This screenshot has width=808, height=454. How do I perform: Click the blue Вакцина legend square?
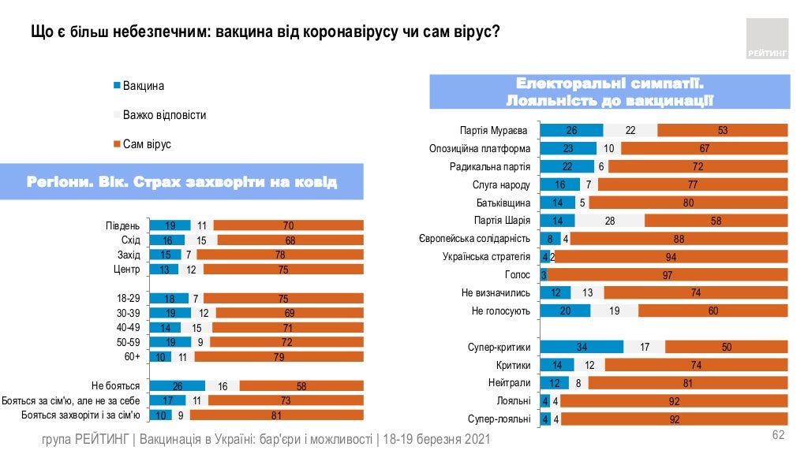click(x=118, y=86)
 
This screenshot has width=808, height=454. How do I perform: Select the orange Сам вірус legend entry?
click(x=147, y=144)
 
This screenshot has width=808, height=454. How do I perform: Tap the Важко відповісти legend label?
click(x=164, y=115)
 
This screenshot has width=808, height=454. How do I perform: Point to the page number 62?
click(x=778, y=435)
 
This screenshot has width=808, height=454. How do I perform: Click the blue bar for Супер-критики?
click(x=582, y=348)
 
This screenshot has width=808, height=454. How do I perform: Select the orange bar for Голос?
click(x=668, y=275)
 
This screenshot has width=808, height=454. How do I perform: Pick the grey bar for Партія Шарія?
click(x=609, y=221)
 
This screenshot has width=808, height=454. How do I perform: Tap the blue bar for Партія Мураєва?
click(x=571, y=131)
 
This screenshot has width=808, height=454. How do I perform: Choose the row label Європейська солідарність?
click(x=474, y=239)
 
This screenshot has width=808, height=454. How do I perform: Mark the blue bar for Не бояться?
click(x=178, y=386)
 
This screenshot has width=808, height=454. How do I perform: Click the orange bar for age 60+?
click(x=279, y=357)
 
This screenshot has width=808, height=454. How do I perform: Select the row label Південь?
click(x=123, y=226)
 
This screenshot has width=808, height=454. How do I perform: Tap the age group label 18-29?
click(x=127, y=299)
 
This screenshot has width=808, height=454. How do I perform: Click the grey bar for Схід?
click(x=201, y=240)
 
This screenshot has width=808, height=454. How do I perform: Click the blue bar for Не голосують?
click(x=565, y=311)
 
